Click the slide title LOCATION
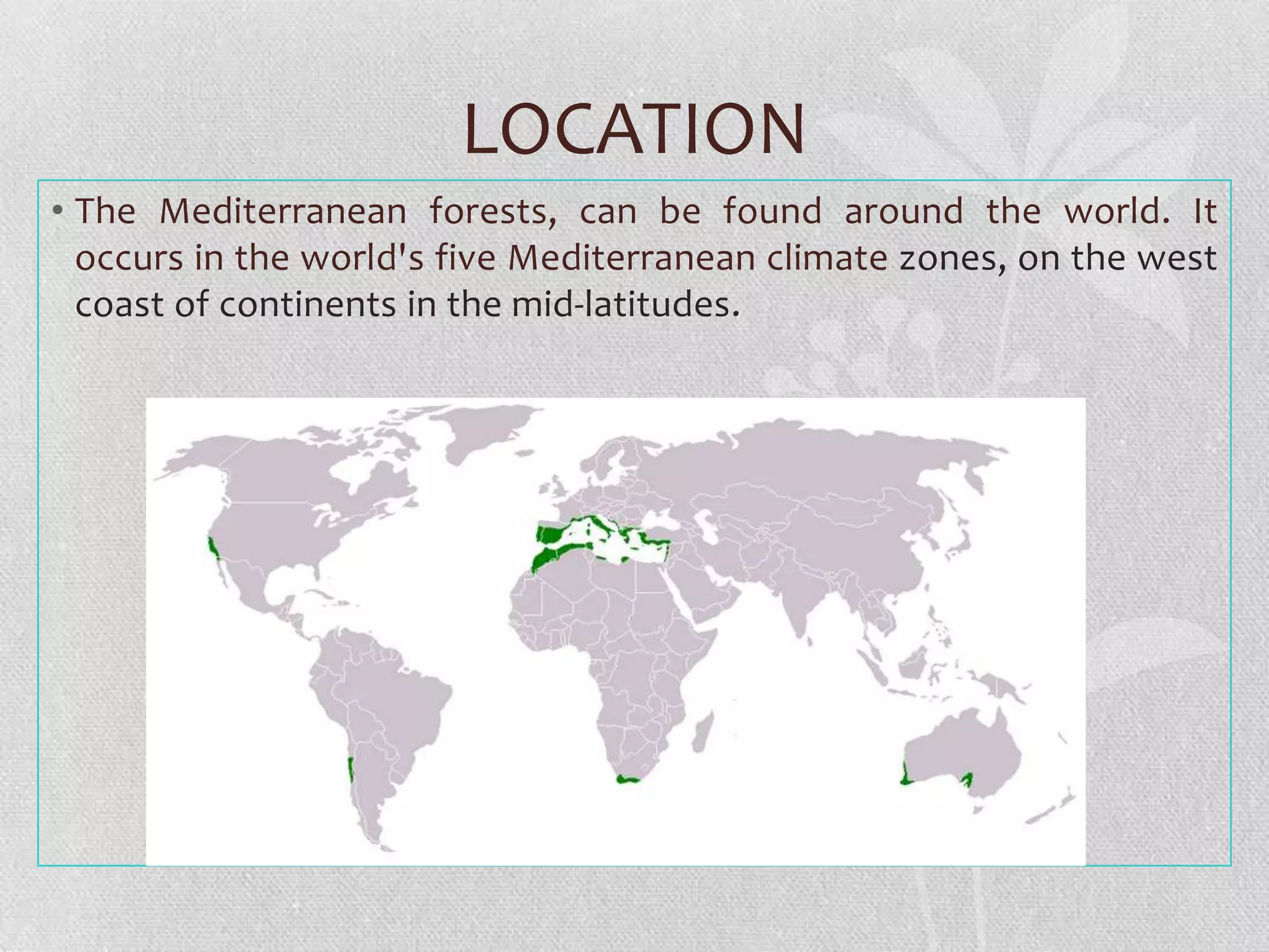point(634,129)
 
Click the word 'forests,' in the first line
point(493,211)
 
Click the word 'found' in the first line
point(772,211)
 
